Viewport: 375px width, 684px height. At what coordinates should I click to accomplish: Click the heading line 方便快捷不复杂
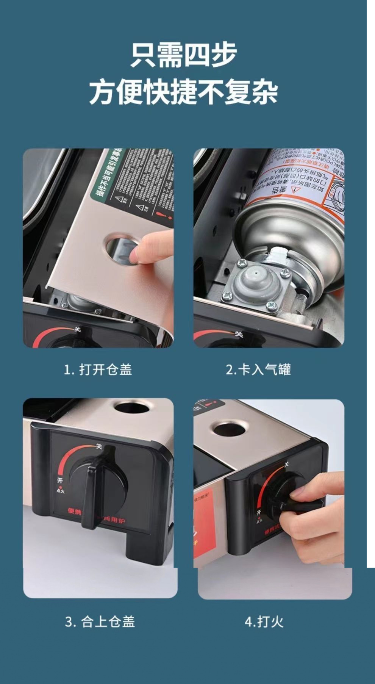pos(184,92)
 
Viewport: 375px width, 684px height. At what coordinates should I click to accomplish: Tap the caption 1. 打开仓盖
pos(98,369)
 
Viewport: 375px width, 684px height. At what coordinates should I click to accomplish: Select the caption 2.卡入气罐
pos(258,369)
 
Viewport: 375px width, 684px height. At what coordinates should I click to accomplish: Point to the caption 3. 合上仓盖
pos(100,621)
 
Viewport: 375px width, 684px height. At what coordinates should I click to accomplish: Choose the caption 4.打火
pos(264,621)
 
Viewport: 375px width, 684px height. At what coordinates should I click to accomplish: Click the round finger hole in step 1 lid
pos(120,248)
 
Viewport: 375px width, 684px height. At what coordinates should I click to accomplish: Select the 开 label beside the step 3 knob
pos(60,481)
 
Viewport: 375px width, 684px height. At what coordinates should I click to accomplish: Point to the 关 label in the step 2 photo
pos(238,334)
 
